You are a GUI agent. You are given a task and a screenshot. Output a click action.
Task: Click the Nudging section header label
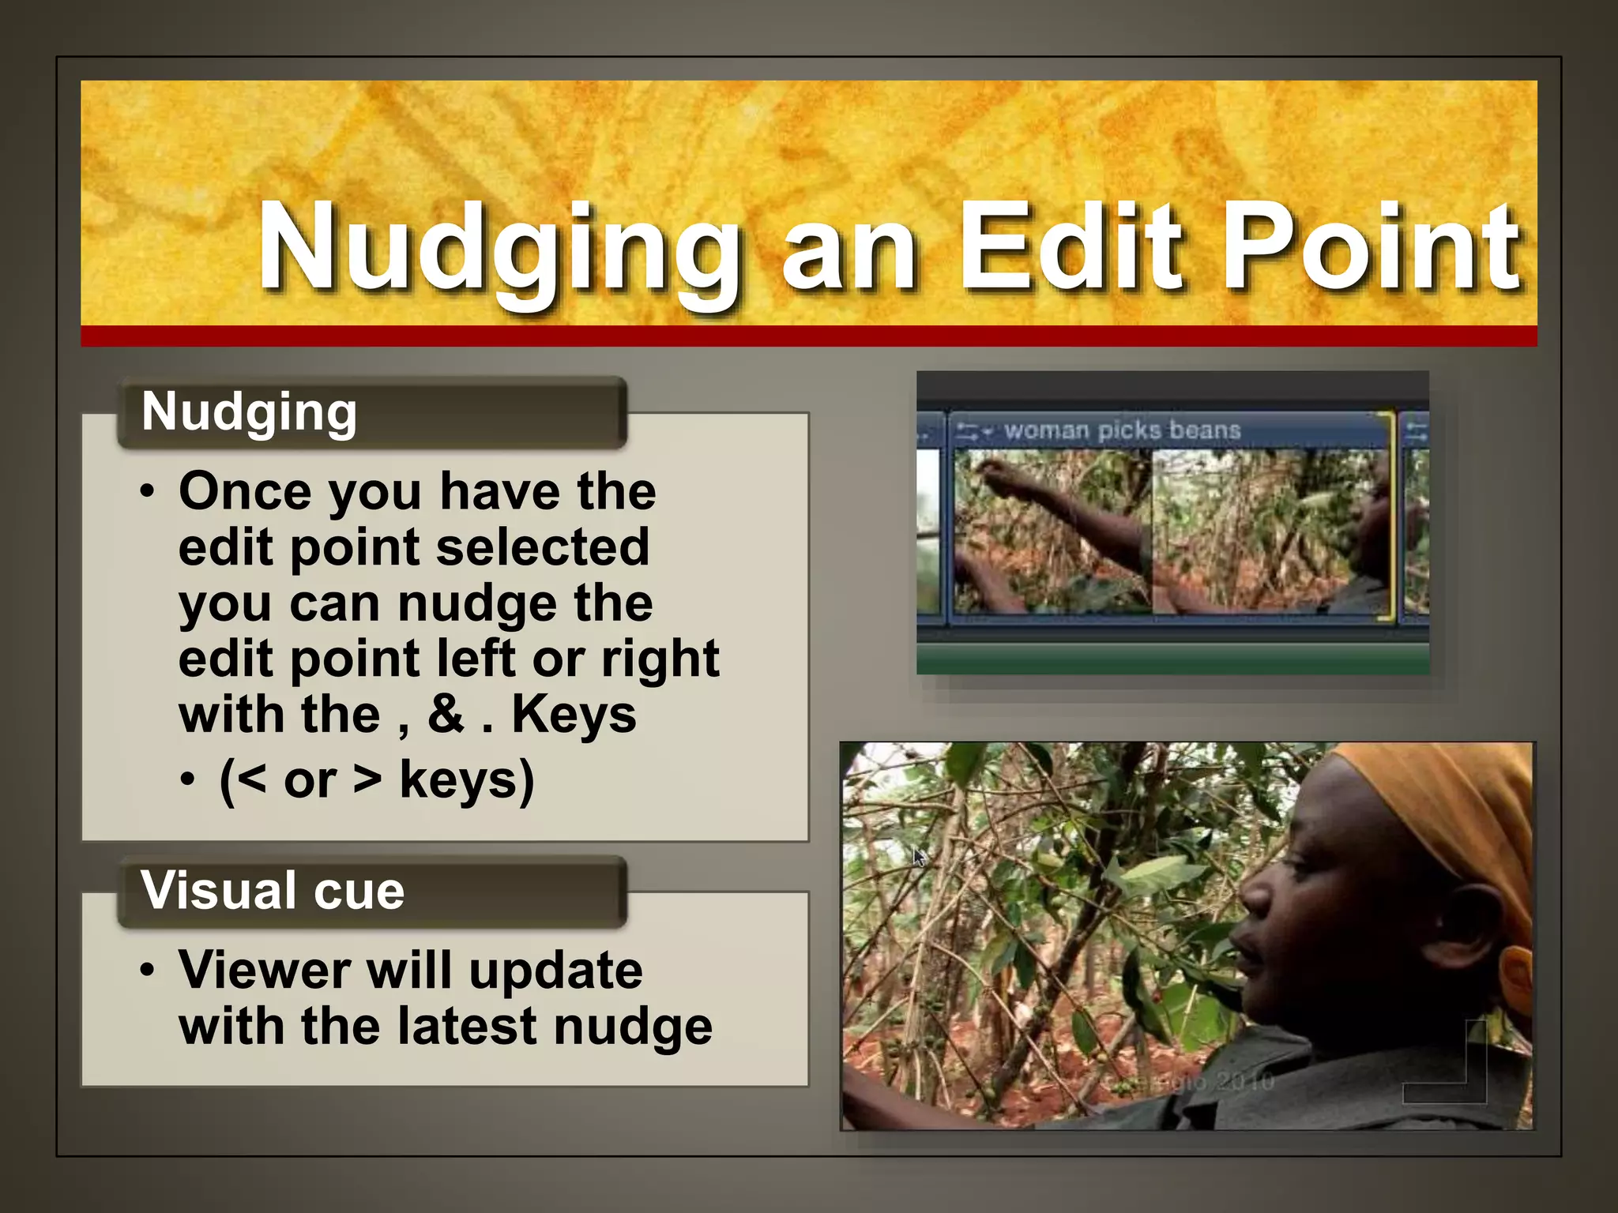point(249,412)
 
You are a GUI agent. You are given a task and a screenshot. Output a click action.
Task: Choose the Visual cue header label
point(273,891)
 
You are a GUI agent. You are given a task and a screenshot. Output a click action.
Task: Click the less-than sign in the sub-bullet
point(250,780)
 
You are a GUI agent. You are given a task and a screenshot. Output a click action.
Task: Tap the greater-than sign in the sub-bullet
point(367,780)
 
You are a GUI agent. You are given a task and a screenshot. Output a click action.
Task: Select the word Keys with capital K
point(574,715)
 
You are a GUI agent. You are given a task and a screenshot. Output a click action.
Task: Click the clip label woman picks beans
point(1122,430)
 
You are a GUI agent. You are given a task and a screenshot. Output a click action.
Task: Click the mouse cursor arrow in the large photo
point(919,858)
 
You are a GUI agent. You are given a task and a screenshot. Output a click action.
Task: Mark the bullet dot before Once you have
point(148,491)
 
